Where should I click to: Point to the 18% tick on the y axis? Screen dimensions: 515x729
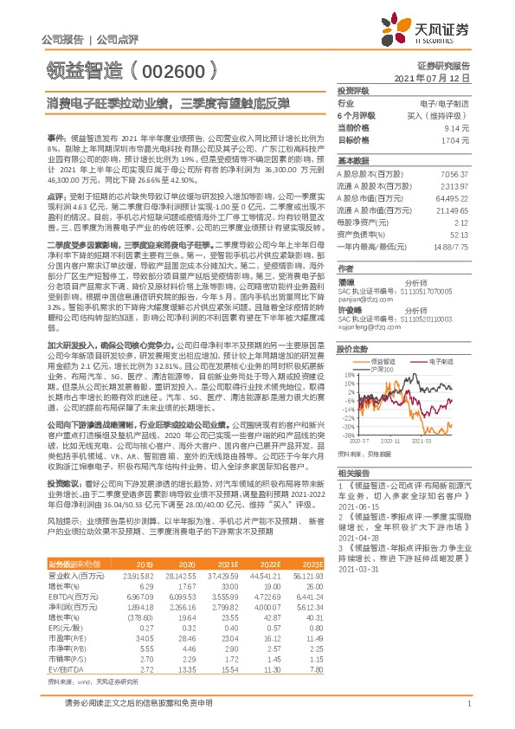click(346, 374)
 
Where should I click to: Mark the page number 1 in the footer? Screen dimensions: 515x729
click(467, 702)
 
